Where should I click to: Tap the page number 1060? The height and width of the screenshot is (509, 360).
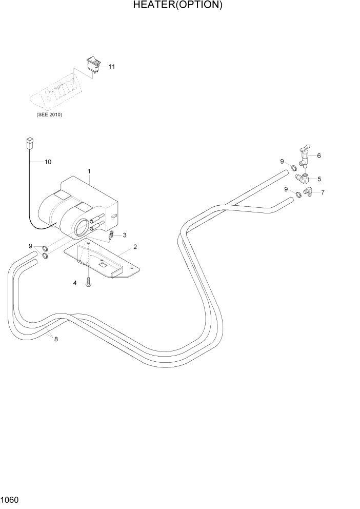pyautogui.click(x=11, y=499)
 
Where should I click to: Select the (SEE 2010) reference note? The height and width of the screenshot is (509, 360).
pyautogui.click(x=49, y=114)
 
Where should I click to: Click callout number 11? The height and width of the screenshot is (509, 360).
pyautogui.click(x=112, y=67)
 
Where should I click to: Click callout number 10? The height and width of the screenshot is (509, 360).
pyautogui.click(x=48, y=162)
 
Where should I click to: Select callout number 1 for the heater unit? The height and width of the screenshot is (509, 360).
pyautogui.click(x=89, y=171)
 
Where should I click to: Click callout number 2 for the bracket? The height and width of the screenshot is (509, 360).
pyautogui.click(x=135, y=247)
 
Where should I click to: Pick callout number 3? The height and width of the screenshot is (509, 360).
pyautogui.click(x=125, y=235)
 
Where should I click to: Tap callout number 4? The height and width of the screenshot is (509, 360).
pyautogui.click(x=75, y=283)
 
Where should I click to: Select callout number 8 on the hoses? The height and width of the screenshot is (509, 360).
pyautogui.click(x=56, y=338)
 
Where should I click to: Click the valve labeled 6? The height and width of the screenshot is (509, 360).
pyautogui.click(x=304, y=155)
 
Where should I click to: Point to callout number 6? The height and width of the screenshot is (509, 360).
pyautogui.click(x=319, y=155)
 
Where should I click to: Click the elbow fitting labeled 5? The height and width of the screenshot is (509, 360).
pyautogui.click(x=304, y=179)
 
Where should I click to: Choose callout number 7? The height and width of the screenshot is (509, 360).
pyautogui.click(x=322, y=192)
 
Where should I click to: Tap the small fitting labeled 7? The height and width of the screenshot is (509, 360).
pyautogui.click(x=309, y=192)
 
